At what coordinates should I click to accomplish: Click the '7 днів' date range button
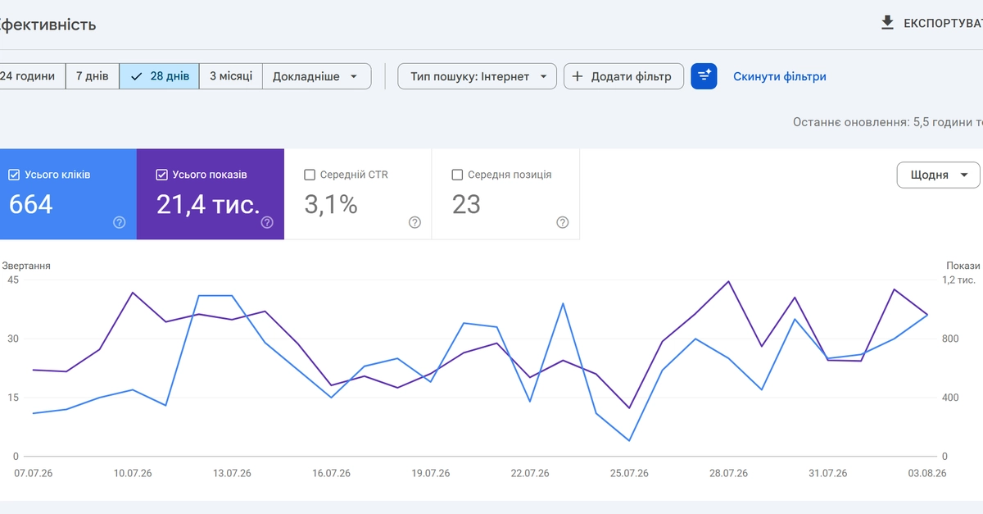click(x=92, y=76)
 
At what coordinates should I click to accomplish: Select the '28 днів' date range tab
click(x=159, y=76)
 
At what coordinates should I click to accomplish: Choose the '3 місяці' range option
click(x=231, y=76)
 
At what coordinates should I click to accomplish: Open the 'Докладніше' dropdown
click(x=317, y=76)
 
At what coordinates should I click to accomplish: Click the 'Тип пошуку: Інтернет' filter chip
click(x=477, y=76)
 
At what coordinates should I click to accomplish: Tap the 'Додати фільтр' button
click(x=623, y=76)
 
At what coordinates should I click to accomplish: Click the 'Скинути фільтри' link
click(x=779, y=76)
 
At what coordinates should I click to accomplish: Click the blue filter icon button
click(x=704, y=76)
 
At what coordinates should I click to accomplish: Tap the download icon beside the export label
click(x=887, y=23)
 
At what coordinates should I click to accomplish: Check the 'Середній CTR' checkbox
click(x=310, y=175)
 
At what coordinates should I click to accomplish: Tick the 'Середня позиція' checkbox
click(x=457, y=175)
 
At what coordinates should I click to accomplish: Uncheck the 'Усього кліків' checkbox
click(x=14, y=175)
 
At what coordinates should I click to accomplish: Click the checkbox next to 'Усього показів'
click(x=161, y=175)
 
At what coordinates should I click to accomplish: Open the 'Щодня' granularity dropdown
click(x=938, y=175)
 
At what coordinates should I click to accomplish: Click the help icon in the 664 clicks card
click(x=120, y=222)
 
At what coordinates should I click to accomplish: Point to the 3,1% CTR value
click(x=331, y=205)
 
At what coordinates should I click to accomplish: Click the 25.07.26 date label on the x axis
click(x=629, y=473)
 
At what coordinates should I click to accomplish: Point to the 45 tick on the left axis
click(x=13, y=280)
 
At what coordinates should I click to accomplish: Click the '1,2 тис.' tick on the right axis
click(x=958, y=280)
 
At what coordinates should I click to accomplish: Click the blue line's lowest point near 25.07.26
click(x=629, y=441)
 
